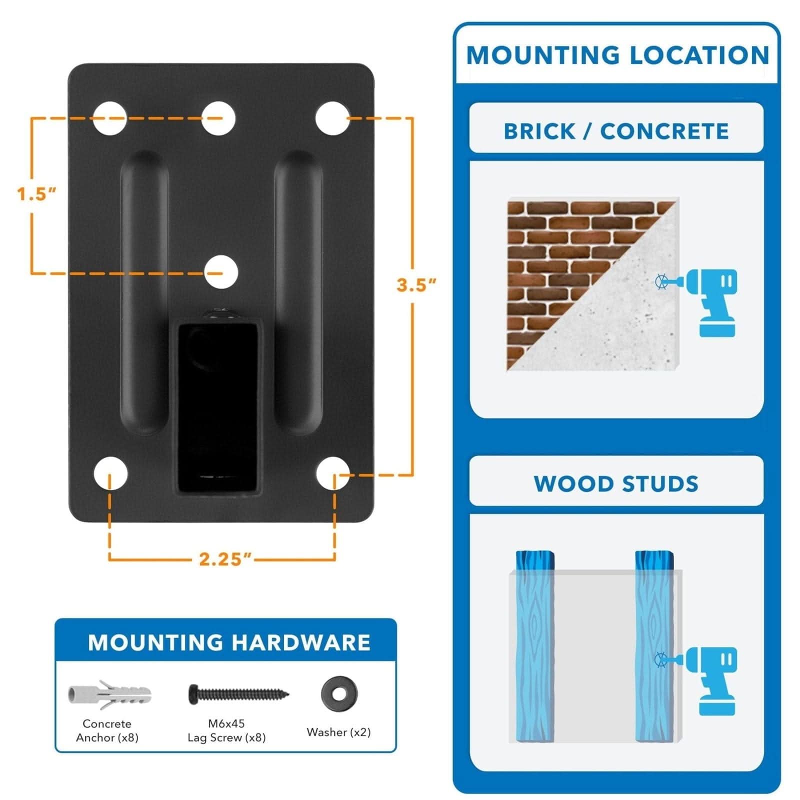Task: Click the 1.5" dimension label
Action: pos(36,194)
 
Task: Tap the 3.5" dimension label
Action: pos(416,285)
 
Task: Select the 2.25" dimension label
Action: pos(224,559)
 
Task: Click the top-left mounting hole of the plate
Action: pos(110,118)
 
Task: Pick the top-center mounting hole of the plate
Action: pos(219,118)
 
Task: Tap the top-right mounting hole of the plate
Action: pos(332,118)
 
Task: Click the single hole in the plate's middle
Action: pos(221,272)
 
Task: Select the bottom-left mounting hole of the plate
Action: pos(110,473)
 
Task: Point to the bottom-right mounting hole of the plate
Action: pos(332,473)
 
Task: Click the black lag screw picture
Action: pos(238,694)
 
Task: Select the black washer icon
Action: pos(338,693)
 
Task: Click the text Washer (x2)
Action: pos(338,732)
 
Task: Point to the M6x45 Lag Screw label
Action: pos(226,730)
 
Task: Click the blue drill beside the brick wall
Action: pos(712,302)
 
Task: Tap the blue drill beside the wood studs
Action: pos(712,680)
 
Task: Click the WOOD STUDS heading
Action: pos(616,484)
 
